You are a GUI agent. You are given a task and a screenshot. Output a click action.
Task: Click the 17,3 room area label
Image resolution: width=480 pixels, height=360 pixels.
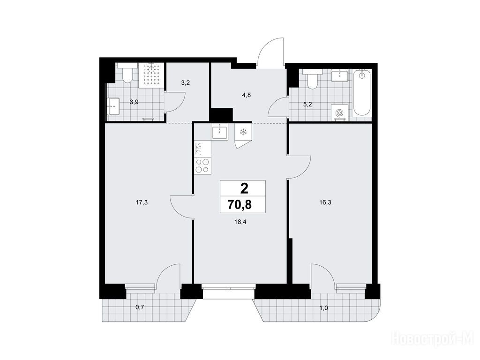142,202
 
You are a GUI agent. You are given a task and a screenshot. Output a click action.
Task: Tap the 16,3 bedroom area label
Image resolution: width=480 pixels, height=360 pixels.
325,202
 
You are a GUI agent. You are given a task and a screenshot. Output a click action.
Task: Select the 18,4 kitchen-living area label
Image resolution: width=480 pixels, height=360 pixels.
240,222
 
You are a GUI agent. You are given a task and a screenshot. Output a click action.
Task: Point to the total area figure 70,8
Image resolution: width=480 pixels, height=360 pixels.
240,204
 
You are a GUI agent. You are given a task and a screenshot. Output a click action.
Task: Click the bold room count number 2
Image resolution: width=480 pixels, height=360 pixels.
244,188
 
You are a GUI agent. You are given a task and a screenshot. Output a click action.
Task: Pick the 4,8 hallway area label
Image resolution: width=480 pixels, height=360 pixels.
247,95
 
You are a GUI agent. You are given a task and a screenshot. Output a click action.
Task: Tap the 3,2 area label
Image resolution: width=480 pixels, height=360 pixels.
186,82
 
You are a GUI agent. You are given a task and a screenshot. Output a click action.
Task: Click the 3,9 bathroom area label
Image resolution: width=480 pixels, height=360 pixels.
134,102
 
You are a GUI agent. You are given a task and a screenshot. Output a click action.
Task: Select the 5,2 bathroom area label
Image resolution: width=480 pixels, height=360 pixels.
307,105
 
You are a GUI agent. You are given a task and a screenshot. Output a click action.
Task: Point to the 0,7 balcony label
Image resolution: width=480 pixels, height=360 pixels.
140,307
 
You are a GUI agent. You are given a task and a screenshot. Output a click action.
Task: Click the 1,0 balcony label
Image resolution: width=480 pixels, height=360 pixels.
323,308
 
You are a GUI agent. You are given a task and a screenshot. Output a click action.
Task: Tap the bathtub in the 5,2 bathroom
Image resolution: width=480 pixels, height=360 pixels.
362,93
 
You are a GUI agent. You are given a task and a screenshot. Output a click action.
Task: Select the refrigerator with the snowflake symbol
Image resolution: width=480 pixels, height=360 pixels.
243,135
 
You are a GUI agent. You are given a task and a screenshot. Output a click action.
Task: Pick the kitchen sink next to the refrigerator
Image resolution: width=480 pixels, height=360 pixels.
220,132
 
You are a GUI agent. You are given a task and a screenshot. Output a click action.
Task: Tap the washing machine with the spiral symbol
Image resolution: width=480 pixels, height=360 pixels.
339,112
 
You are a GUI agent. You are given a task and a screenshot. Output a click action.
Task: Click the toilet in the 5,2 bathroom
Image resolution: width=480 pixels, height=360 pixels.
312,79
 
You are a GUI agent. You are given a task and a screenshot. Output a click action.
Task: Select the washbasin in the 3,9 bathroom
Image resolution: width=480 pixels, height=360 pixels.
113,106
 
